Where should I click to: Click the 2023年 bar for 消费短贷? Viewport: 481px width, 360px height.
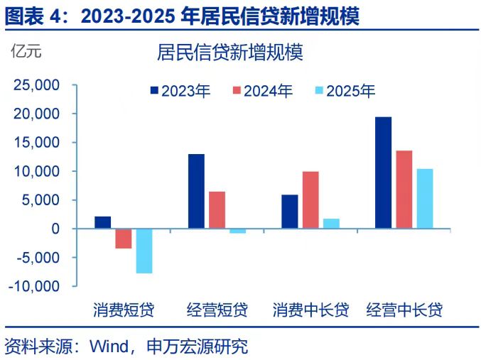pyautogui.click(x=102, y=222)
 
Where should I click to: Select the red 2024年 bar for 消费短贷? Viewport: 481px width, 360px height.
pyautogui.click(x=124, y=239)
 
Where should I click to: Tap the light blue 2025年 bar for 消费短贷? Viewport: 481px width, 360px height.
pyautogui.click(x=144, y=251)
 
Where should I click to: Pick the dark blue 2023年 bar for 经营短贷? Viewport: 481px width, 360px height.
pyautogui.click(x=196, y=191)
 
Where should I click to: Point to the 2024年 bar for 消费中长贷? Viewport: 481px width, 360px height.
pyautogui.click(x=310, y=200)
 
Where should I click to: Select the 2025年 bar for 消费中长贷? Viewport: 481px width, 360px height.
pyautogui.click(x=331, y=224)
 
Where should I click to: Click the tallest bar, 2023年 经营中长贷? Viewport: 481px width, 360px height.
pyautogui.click(x=383, y=173)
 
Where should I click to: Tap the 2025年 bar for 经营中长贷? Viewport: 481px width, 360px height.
pyautogui.click(x=424, y=199)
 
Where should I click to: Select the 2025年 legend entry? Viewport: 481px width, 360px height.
pyautogui.click(x=345, y=91)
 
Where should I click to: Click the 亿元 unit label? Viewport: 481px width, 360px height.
pyautogui.click(x=26, y=50)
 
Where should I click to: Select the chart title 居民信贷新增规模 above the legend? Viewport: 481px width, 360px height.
pyautogui.click(x=229, y=53)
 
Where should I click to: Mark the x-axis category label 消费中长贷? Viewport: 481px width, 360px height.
pyautogui.click(x=310, y=310)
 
